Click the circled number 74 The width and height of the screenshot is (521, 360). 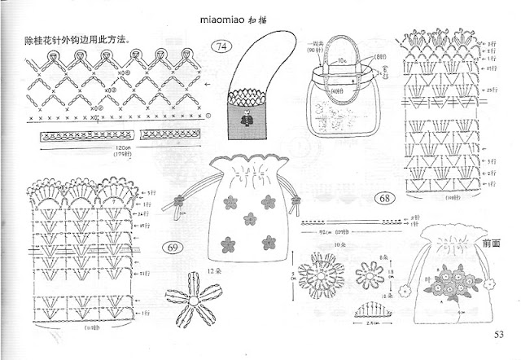coord(220,47)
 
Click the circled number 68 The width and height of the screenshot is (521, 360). coord(384,199)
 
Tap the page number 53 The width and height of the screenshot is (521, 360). coord(498,333)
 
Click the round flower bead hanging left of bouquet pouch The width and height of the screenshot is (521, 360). coord(405,290)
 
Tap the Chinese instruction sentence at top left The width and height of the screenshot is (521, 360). coord(72,40)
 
